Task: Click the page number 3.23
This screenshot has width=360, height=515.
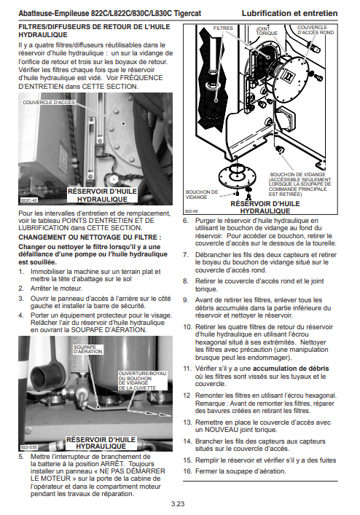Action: [x=178, y=504]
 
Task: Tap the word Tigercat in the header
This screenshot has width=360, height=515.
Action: [x=187, y=13]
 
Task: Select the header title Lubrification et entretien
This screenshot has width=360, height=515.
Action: [x=289, y=13]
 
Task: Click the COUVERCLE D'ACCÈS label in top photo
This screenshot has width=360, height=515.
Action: [x=49, y=103]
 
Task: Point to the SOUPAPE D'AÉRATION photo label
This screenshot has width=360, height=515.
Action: [x=87, y=349]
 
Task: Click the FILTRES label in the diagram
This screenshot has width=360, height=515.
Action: [x=223, y=28]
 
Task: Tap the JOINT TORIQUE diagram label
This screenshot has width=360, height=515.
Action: [x=267, y=31]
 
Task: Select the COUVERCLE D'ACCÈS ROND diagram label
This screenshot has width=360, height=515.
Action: [x=316, y=30]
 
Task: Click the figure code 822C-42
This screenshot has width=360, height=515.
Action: [x=29, y=200]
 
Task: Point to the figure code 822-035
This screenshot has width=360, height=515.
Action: [x=29, y=447]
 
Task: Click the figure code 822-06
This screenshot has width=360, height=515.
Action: [x=191, y=211]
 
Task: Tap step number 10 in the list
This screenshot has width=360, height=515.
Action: [x=187, y=327]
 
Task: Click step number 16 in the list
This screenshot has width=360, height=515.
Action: [x=187, y=471]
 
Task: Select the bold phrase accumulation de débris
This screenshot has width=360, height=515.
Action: [x=291, y=369]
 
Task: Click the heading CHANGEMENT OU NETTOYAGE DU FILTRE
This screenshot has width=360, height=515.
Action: [x=90, y=237]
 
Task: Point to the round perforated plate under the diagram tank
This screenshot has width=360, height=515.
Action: [x=237, y=176]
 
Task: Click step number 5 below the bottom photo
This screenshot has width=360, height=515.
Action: [x=21, y=457]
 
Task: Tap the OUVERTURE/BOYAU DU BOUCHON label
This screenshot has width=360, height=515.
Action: [x=143, y=381]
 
